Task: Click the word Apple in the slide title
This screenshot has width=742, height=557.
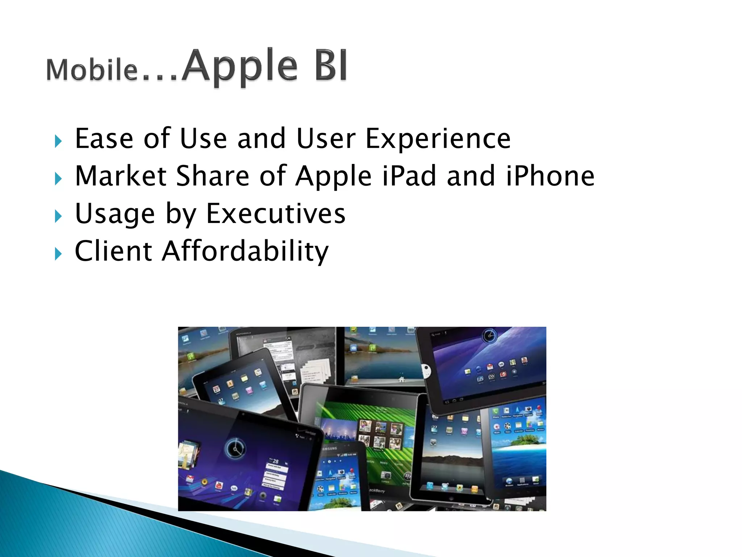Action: pyautogui.click(x=239, y=66)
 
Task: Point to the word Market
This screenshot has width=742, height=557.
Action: pyautogui.click(x=121, y=176)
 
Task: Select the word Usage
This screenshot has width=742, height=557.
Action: pyautogui.click(x=115, y=214)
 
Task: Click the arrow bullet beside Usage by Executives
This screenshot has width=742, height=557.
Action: pyautogui.click(x=58, y=216)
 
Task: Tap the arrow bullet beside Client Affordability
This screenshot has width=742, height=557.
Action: pyautogui.click(x=58, y=254)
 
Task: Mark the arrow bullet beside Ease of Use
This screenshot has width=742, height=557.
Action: pyautogui.click(x=58, y=141)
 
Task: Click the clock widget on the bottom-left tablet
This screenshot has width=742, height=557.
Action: pyautogui.click(x=236, y=449)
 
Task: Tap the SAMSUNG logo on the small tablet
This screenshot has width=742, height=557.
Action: pyautogui.click(x=329, y=449)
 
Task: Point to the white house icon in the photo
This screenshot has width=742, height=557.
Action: pyautogui.click(x=401, y=379)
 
